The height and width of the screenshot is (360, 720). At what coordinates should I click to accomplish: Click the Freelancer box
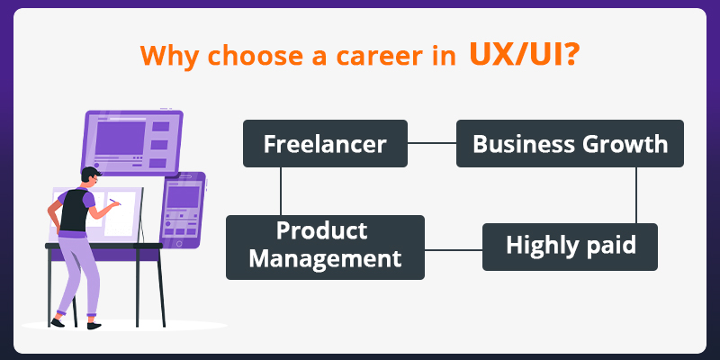pos(325,143)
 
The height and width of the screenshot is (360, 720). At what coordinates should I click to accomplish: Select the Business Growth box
pos(570,143)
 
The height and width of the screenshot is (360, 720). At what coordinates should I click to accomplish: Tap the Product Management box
pos(325,246)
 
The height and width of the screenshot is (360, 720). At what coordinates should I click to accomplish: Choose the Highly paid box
pos(570,246)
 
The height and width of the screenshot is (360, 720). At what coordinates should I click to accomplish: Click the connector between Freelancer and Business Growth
pos(432,143)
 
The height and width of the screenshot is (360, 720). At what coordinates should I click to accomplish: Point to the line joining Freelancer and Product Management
pos(282,191)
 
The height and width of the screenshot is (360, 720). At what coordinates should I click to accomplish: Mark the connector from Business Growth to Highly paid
pos(635,194)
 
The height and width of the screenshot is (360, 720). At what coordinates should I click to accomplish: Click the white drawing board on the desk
pos(121,213)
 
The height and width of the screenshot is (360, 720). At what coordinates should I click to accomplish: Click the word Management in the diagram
pos(325,259)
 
